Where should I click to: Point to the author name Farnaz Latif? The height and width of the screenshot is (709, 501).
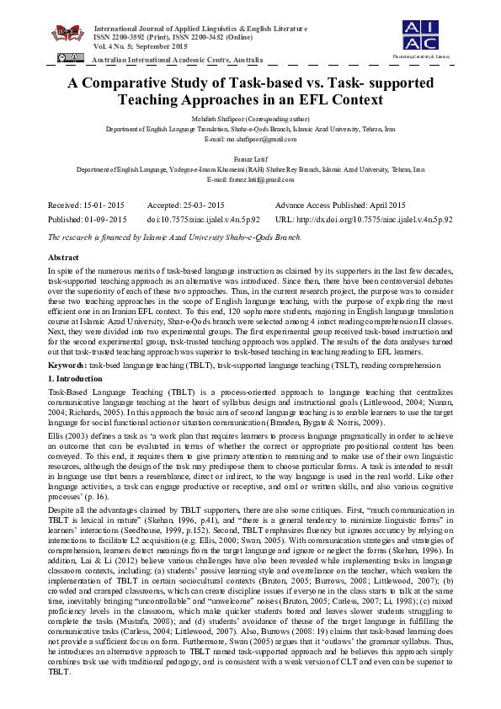pos(250,157)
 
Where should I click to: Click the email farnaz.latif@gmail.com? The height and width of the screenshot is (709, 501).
pos(250,179)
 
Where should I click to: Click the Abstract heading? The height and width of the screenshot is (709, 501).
pos(65,255)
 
